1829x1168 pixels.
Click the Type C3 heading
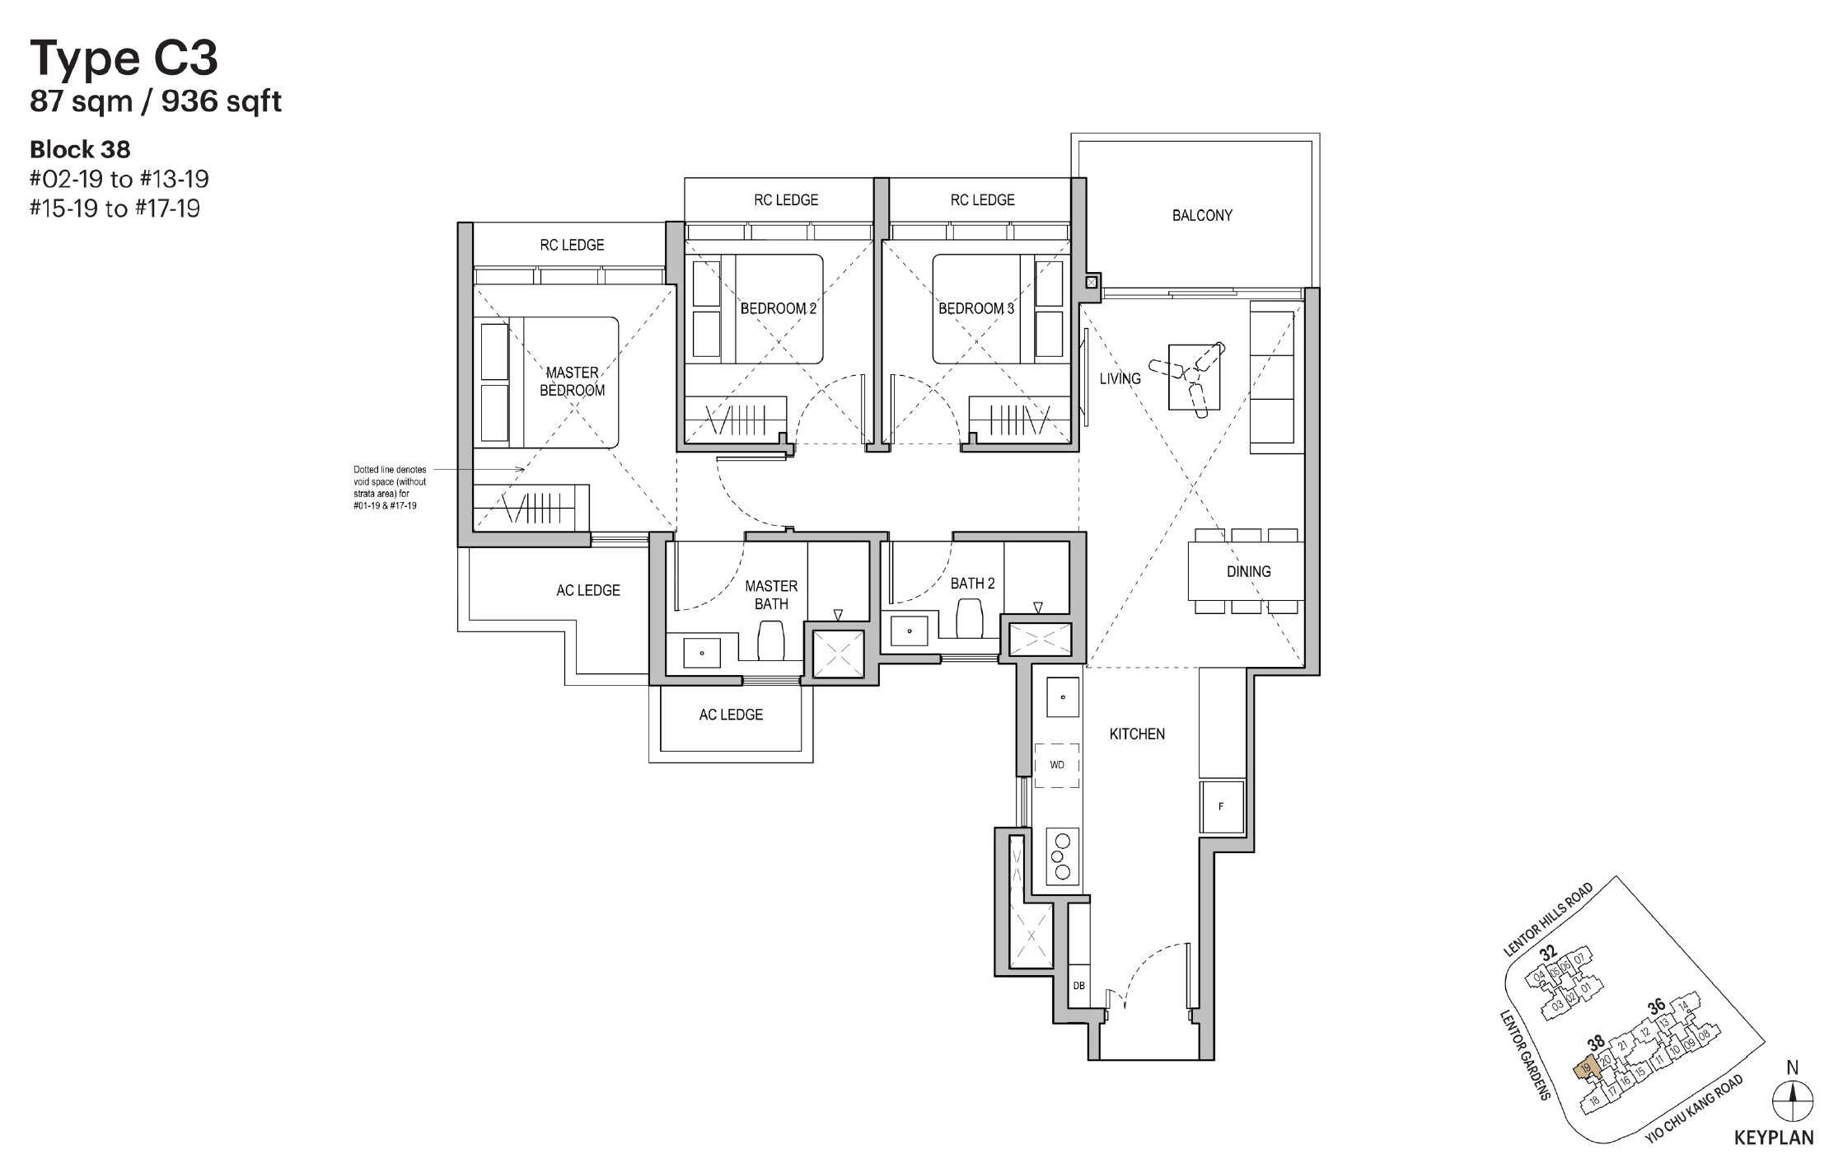click(x=124, y=58)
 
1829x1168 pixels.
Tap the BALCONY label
click(x=1202, y=216)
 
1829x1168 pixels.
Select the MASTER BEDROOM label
click(x=572, y=382)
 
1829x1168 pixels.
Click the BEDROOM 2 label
click(x=778, y=309)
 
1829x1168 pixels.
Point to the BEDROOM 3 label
click(x=976, y=309)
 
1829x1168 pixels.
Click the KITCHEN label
click(x=1137, y=734)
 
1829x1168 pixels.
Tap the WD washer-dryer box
click(x=1057, y=765)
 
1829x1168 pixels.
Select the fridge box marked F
click(x=1221, y=807)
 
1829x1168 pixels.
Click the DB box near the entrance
click(x=1078, y=986)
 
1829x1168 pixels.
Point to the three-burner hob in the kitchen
click(x=1062, y=856)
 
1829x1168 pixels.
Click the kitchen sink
click(x=1062, y=697)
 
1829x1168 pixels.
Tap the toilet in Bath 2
click(x=969, y=618)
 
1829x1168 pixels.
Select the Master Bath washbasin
click(x=702, y=653)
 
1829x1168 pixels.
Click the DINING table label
click(x=1248, y=571)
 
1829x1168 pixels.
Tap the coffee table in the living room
click(x=1193, y=376)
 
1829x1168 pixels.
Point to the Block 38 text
click(x=80, y=150)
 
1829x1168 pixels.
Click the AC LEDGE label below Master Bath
click(x=731, y=715)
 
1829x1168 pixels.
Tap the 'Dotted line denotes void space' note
click(x=390, y=487)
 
